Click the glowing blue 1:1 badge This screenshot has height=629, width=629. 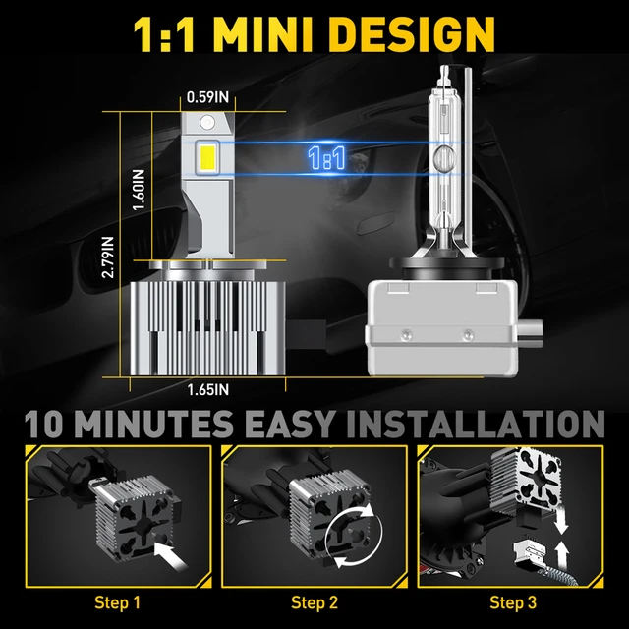point(327,158)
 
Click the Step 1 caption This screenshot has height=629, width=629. point(117,601)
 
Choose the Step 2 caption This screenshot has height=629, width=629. point(314,601)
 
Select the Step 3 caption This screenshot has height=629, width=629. point(512,601)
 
